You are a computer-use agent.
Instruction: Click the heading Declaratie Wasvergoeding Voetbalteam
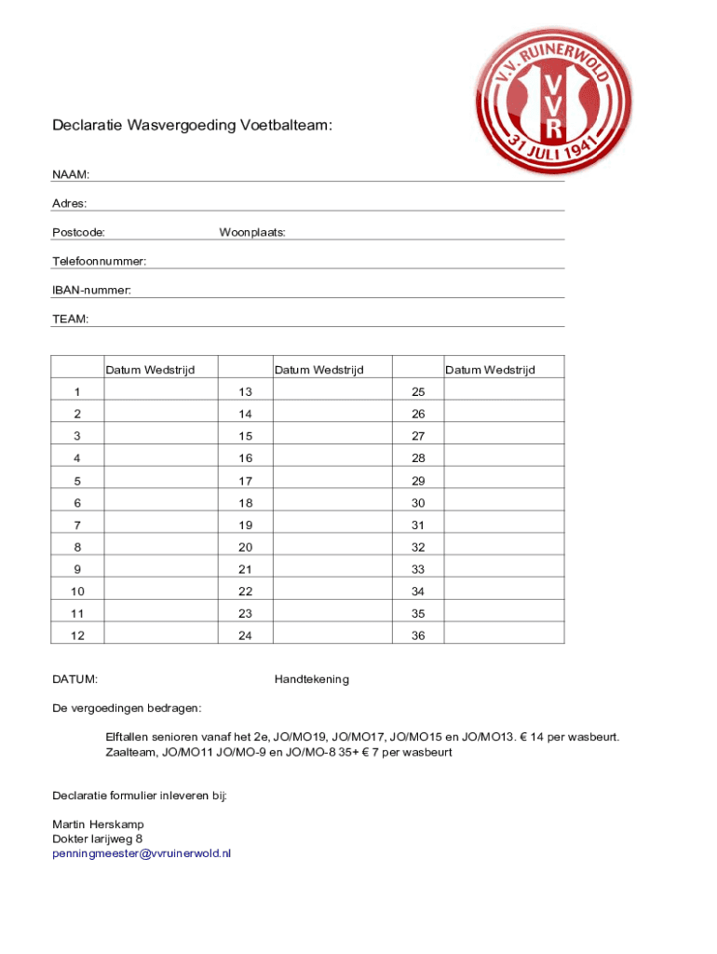[x=191, y=125]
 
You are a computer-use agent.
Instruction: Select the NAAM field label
[x=71, y=174]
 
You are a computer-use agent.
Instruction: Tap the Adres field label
[x=70, y=203]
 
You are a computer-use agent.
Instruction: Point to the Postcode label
[x=78, y=232]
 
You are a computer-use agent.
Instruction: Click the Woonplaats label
[x=252, y=232]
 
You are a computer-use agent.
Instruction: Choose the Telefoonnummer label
[x=99, y=262]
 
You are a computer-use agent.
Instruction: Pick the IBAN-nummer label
[x=91, y=291]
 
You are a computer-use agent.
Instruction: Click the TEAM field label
[x=71, y=320]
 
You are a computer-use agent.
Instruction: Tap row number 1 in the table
[x=77, y=391]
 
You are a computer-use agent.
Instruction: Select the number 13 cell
[x=246, y=391]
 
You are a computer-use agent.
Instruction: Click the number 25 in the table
[x=418, y=391]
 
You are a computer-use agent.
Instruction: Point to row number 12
[x=77, y=636]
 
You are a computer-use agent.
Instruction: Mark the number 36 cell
[x=418, y=636]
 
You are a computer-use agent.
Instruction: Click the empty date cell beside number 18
[x=332, y=502]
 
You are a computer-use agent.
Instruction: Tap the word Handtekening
[x=312, y=679]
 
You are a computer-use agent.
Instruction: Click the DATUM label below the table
[x=75, y=679]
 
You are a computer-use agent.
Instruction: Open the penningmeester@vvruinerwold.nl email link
[x=142, y=852]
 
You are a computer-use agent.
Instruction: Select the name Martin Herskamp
[x=98, y=825]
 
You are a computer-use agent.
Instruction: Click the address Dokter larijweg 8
[x=97, y=838]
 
